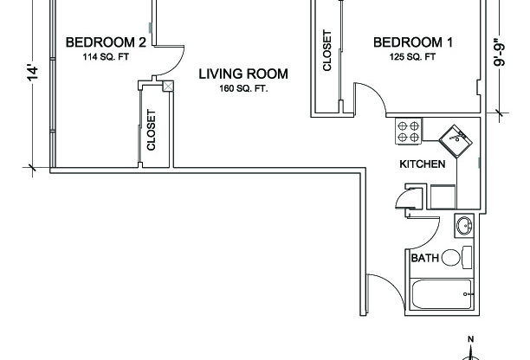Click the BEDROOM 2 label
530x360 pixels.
click(105, 42)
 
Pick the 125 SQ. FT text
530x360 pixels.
click(413, 58)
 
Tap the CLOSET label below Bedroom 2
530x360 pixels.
click(152, 130)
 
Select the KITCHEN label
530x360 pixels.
click(422, 164)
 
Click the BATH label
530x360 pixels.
click(424, 258)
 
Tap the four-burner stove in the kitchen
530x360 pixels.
click(409, 131)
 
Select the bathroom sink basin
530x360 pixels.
click(464, 227)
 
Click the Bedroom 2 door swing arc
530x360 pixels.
click(174, 61)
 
